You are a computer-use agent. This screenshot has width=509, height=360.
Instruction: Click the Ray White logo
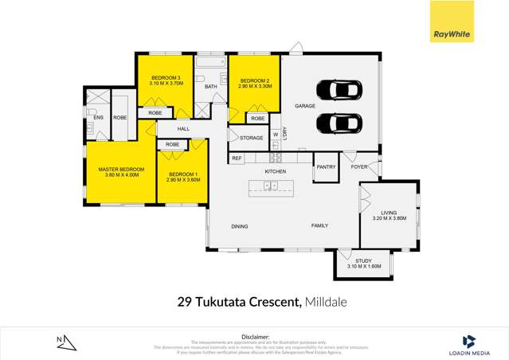450,33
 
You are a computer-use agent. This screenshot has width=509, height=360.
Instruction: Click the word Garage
305,106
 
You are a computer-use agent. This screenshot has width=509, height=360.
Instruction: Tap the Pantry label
326,167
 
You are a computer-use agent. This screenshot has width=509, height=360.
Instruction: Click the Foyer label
359,167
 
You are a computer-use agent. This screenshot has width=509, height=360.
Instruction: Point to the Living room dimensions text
389,217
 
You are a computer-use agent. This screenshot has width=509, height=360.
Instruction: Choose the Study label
364,261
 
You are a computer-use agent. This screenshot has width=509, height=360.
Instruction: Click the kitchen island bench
271,187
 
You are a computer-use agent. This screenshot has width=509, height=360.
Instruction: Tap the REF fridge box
237,158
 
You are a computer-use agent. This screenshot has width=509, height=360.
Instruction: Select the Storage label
251,139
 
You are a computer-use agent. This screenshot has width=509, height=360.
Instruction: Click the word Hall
183,129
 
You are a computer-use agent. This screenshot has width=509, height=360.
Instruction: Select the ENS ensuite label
99,119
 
